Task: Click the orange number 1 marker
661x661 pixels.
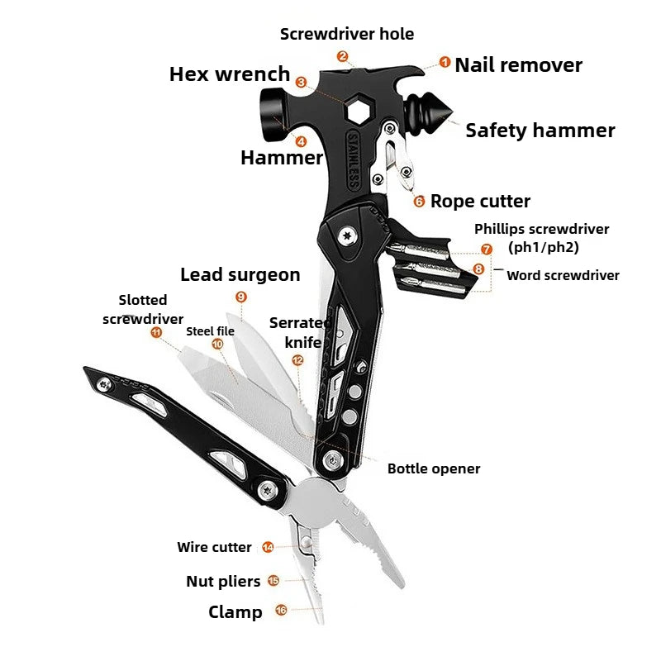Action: click(445, 62)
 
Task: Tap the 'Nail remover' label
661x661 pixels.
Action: click(518, 64)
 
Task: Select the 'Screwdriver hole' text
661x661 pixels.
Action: click(347, 34)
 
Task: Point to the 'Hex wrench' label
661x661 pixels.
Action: click(230, 74)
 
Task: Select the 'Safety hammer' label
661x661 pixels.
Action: click(540, 130)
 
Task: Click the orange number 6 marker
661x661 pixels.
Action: click(419, 201)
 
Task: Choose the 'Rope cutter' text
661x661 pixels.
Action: click(480, 201)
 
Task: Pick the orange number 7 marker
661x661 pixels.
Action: click(486, 249)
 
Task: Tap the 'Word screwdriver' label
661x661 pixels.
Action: click(563, 275)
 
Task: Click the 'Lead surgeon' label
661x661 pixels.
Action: click(240, 274)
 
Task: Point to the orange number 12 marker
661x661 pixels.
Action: click(297, 360)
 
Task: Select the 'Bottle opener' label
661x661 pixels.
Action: click(434, 468)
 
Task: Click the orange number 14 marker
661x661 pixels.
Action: click(268, 547)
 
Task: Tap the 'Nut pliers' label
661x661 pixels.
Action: click(223, 581)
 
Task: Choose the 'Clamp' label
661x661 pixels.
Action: click(235, 611)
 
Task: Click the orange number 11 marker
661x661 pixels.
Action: click(156, 332)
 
